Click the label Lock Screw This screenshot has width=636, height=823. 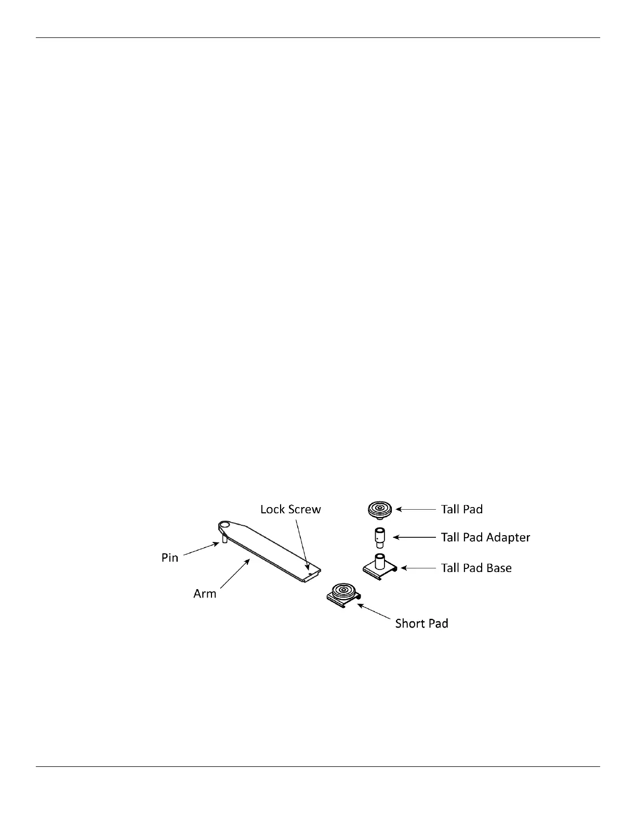click(x=290, y=509)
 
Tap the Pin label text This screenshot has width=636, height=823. click(x=170, y=558)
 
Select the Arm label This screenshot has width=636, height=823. click(x=205, y=594)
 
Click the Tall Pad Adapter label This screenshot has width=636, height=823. click(x=485, y=537)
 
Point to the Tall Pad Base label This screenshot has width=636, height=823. click(x=476, y=568)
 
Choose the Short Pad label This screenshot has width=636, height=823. click(x=421, y=623)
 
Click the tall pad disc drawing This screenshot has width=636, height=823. click(x=380, y=510)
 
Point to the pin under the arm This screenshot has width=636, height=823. click(x=224, y=539)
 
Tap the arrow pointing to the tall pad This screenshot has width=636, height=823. click(x=416, y=510)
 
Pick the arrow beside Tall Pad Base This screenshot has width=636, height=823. click(x=417, y=568)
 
